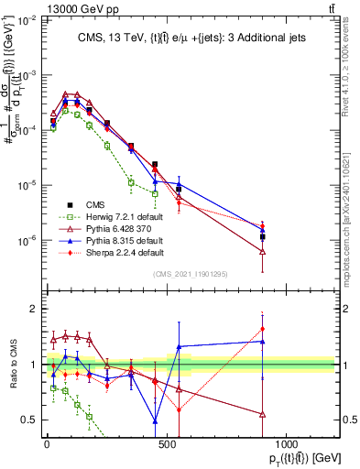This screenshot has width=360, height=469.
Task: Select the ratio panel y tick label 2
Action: [32, 309]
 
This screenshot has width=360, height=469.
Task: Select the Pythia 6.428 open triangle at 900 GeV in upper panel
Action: [263, 251]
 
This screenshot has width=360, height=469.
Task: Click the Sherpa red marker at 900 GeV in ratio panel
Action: [263, 329]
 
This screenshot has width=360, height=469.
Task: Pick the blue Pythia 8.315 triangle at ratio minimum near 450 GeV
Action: [155, 421]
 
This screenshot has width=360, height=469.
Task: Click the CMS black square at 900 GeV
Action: [263, 236]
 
